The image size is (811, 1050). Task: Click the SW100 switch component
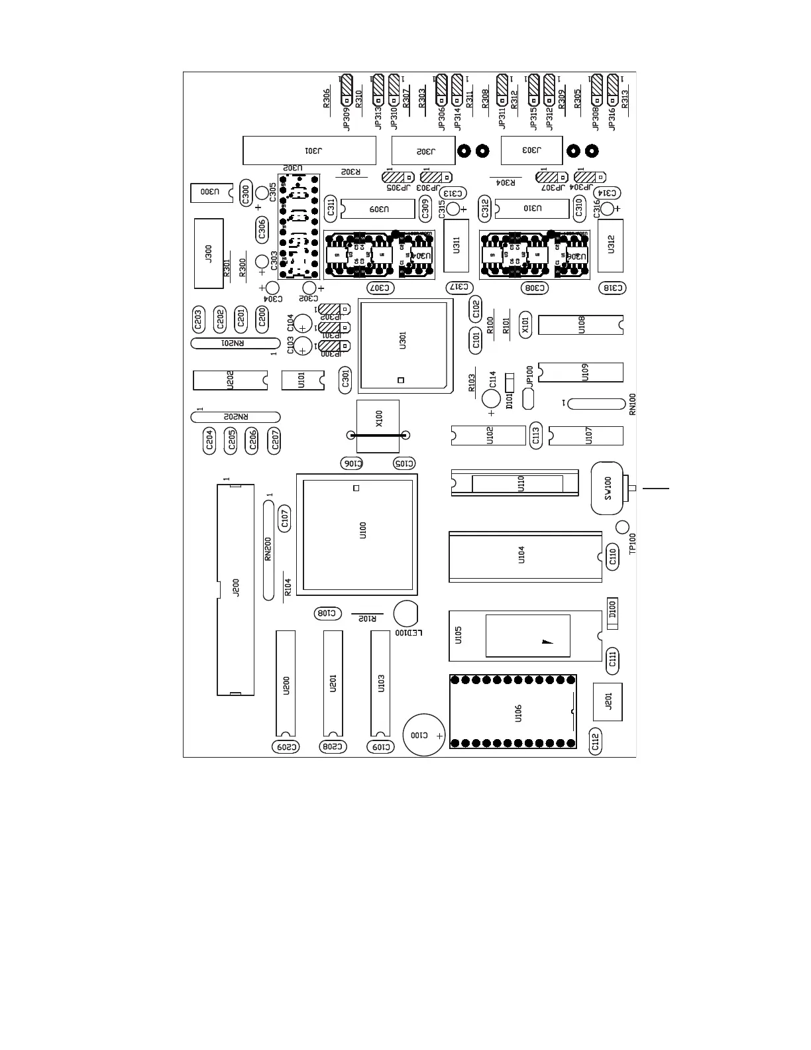(607, 489)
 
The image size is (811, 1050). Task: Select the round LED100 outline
(405, 613)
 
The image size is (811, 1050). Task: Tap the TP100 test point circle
(622, 527)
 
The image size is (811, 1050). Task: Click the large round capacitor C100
(424, 734)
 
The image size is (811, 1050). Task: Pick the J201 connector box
(607, 701)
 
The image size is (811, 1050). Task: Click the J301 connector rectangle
(309, 150)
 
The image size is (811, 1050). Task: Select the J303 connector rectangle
(531, 150)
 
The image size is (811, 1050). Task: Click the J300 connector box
(209, 253)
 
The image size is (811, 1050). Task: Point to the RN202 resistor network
(235, 417)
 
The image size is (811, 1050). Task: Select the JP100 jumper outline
(528, 398)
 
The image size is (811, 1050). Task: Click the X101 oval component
(525, 325)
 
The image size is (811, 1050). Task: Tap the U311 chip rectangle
(456, 245)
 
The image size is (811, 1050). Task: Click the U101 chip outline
(302, 380)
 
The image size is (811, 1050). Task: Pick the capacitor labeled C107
(285, 518)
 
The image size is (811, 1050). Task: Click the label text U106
(518, 713)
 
